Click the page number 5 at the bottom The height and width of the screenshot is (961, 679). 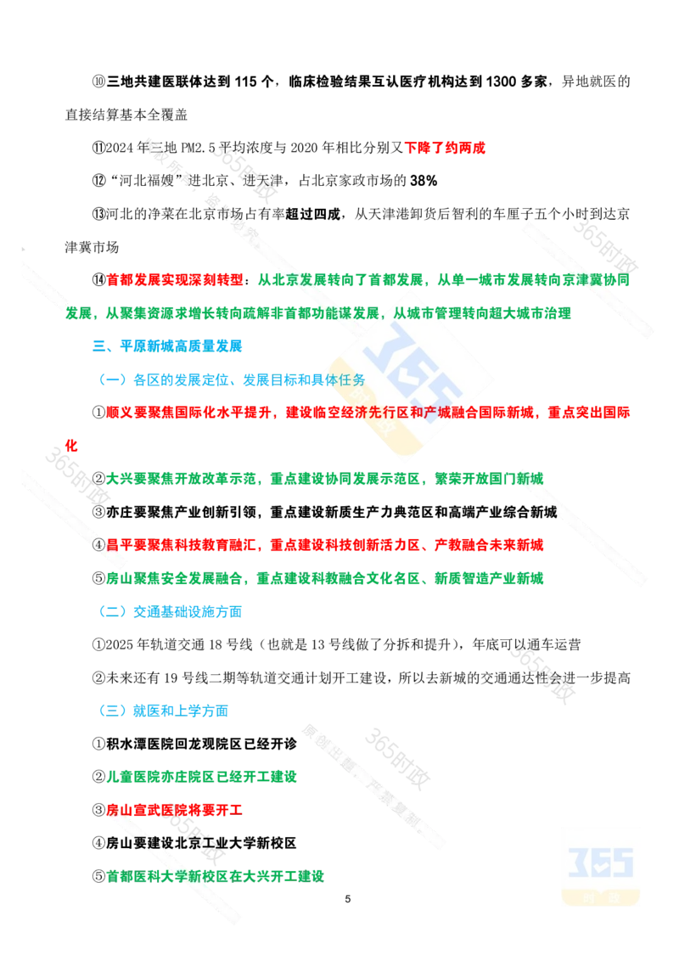[x=347, y=899]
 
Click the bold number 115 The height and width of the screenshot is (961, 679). [x=245, y=81]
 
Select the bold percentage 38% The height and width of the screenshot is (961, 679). [x=424, y=181]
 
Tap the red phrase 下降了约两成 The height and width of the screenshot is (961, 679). [x=445, y=148]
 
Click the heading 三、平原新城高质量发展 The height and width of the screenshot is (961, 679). [x=167, y=346]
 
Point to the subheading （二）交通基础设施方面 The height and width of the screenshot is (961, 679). [x=167, y=611]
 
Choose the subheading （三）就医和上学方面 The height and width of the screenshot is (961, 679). [x=160, y=711]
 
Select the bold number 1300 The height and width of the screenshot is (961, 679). [x=501, y=81]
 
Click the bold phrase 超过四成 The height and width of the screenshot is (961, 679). [x=312, y=214]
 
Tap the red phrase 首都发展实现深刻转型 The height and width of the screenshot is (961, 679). [x=175, y=280]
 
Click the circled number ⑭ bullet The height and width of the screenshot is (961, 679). [x=98, y=280]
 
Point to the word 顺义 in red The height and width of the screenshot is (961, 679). [x=120, y=413]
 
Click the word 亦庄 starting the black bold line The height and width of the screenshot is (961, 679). [x=120, y=512]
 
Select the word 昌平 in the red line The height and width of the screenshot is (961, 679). [x=120, y=545]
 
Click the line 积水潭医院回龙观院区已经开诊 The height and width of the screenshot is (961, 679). [x=202, y=744]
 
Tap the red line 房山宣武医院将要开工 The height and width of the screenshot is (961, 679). [x=174, y=810]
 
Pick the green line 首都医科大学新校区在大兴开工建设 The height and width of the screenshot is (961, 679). [x=215, y=876]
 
